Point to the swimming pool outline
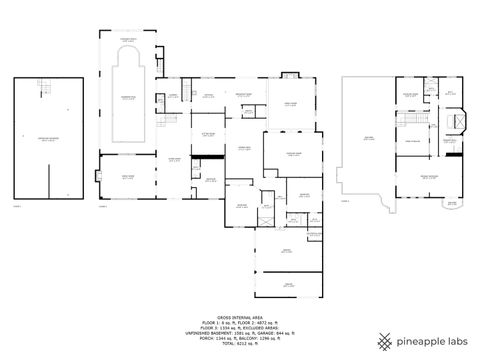(126, 94)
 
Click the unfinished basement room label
(48, 141)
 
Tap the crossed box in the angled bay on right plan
(459, 120)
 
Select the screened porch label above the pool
(129, 37)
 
